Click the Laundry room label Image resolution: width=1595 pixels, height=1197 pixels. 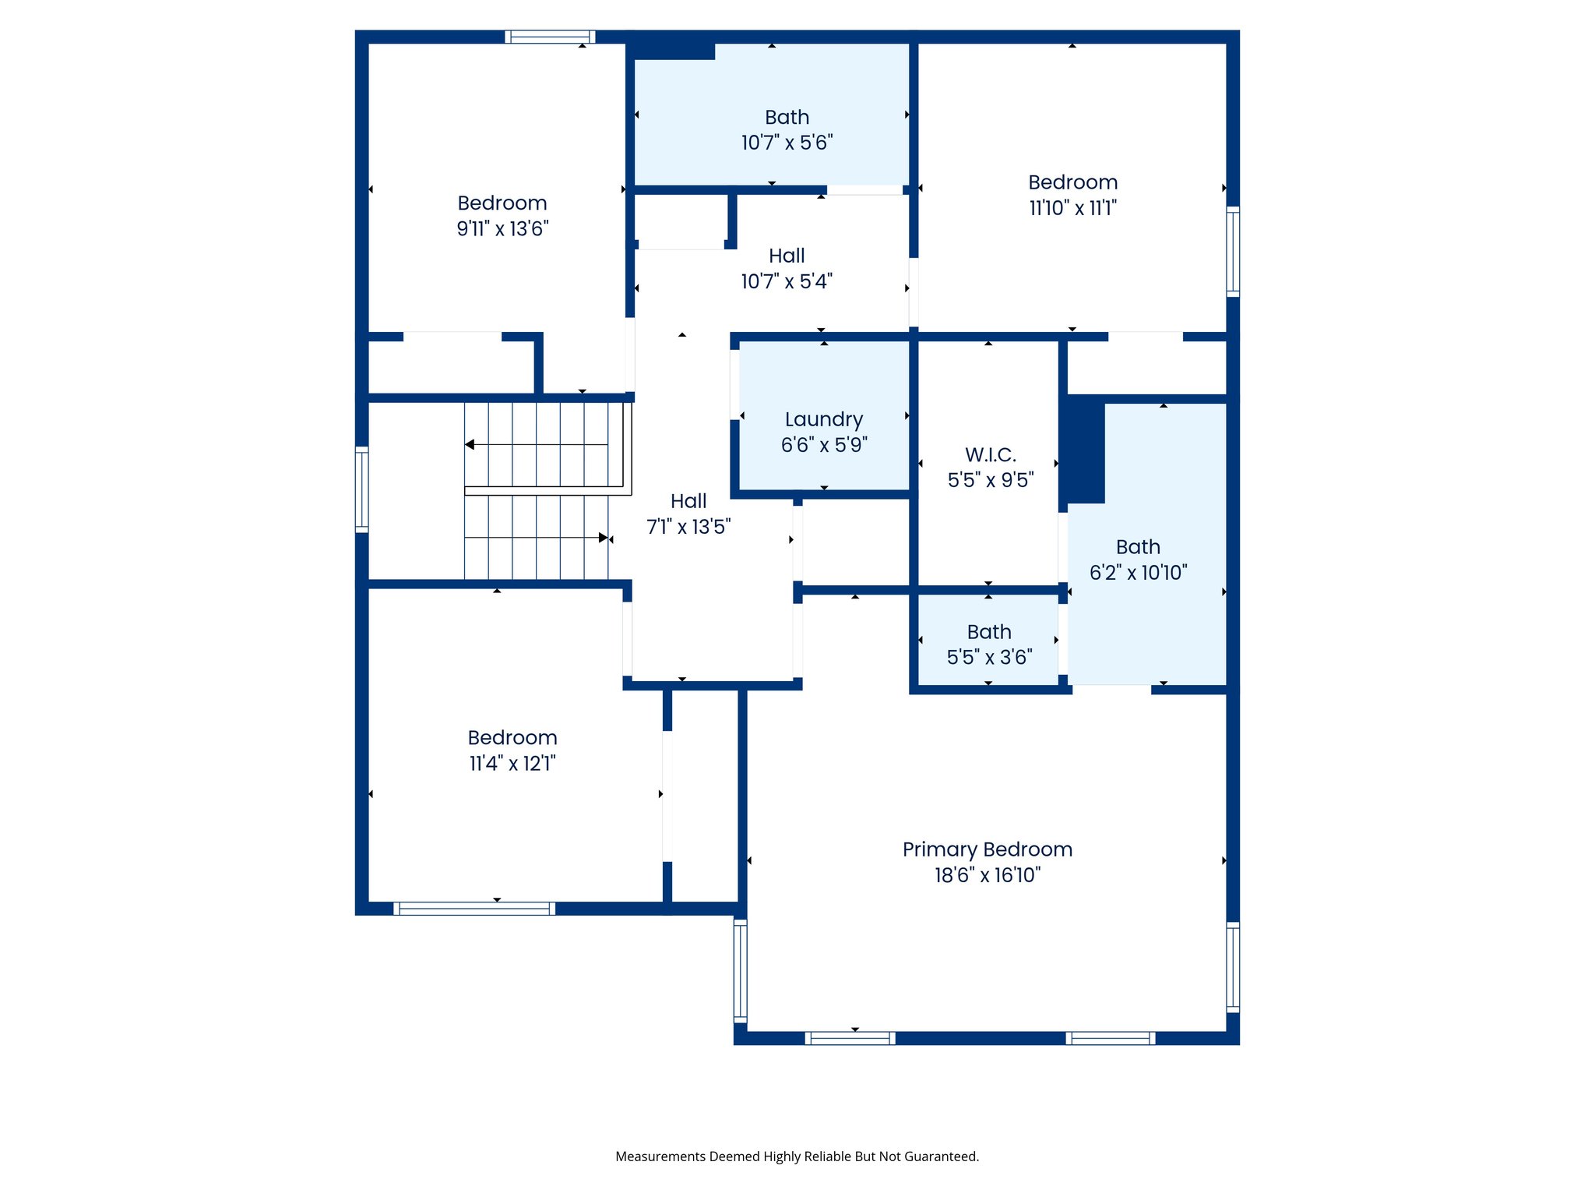pos(824,419)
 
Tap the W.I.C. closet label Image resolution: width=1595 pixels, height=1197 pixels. pos(990,454)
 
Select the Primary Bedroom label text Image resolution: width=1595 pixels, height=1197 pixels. pos(987,849)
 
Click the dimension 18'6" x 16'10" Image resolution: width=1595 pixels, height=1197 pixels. pos(987,875)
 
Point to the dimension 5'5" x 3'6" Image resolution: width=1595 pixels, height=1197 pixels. pos(989,657)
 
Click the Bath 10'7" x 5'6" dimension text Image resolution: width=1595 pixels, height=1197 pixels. pos(787,143)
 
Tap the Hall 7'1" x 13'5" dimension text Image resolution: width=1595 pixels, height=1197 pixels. pos(688,527)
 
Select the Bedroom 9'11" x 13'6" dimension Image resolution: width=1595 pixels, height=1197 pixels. pos(502,228)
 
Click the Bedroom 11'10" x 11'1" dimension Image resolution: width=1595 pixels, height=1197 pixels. pos(1072,208)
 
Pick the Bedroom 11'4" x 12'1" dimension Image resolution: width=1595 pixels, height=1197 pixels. pos(512,763)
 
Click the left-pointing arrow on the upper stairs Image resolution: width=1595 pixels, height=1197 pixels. pos(470,444)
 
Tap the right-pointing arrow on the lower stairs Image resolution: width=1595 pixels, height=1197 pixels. pos(603,538)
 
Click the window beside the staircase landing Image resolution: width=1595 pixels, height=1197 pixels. pos(361,489)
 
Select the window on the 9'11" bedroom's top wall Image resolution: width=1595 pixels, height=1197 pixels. pos(550,37)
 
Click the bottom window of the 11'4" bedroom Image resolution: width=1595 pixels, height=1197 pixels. pos(474,908)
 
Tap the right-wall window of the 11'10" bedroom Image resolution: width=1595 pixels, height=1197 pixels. pos(1233,251)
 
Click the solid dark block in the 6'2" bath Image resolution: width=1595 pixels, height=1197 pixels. pos(1085,450)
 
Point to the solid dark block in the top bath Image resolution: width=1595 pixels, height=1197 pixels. pos(672,50)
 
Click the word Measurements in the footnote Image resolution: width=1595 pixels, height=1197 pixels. pos(660,1156)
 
